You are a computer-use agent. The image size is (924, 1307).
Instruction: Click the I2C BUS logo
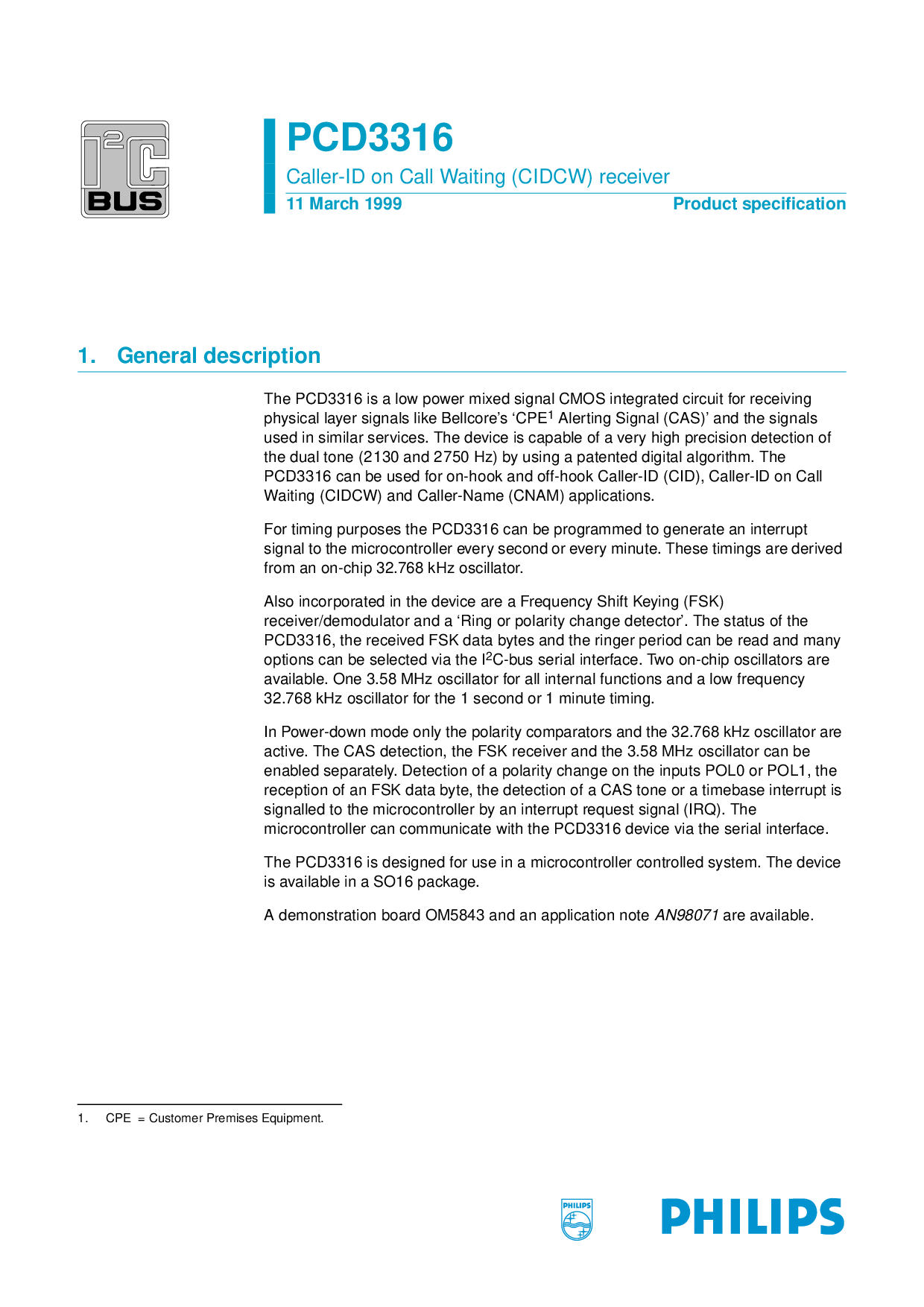click(x=125, y=169)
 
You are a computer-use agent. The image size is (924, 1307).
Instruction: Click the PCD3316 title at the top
click(x=370, y=138)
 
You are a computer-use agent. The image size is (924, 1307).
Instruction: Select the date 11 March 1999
click(x=344, y=204)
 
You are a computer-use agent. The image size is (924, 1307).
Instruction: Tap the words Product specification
click(x=759, y=204)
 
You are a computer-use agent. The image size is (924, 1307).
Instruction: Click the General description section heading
click(x=218, y=356)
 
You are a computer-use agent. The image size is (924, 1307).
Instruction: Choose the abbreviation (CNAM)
click(x=535, y=496)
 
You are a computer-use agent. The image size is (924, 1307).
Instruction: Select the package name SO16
click(x=393, y=882)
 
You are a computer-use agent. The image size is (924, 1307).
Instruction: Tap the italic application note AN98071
click(x=686, y=915)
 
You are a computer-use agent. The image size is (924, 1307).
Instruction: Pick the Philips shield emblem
click(x=576, y=1219)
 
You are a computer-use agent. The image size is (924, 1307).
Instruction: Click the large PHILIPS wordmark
click(x=753, y=1217)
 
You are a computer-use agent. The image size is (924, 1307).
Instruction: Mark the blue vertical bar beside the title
click(x=269, y=166)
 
